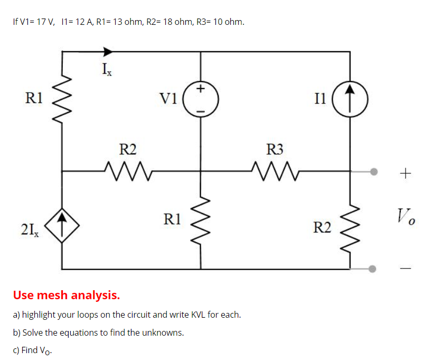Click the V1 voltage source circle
[x=201, y=99]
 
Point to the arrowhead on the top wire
[x=107, y=51]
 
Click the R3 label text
[x=274, y=150]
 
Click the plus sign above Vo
[x=405, y=172]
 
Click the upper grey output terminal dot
[x=373, y=171]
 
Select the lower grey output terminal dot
[x=373, y=269]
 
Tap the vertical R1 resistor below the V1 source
[x=201, y=219]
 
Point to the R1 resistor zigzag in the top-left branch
[x=62, y=98]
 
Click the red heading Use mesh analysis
[x=67, y=294]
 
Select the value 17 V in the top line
[x=44, y=22]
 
